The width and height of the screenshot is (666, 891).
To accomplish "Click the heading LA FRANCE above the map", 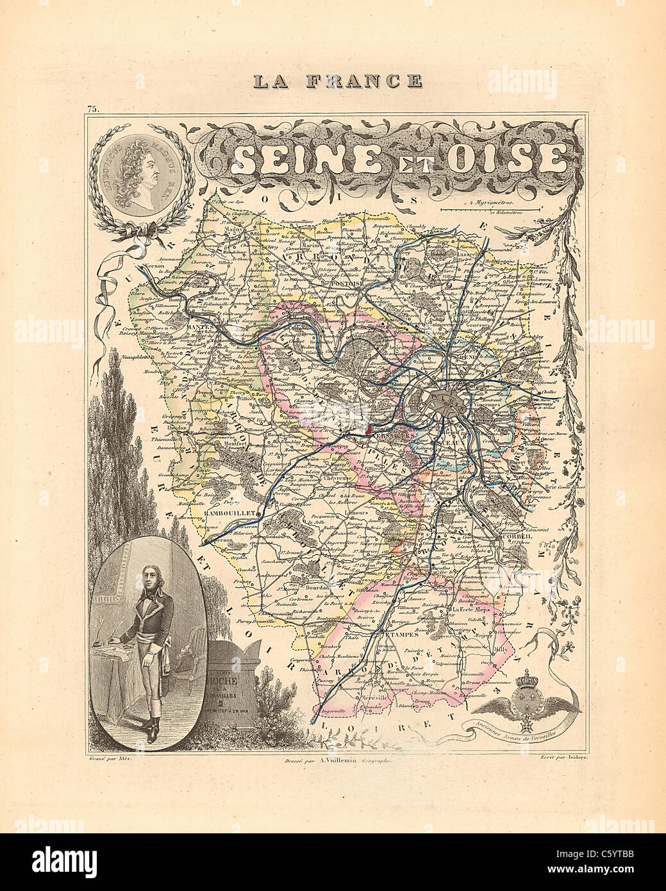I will point(337,81).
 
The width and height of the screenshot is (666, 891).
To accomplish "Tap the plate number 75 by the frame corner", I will point(94,110).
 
